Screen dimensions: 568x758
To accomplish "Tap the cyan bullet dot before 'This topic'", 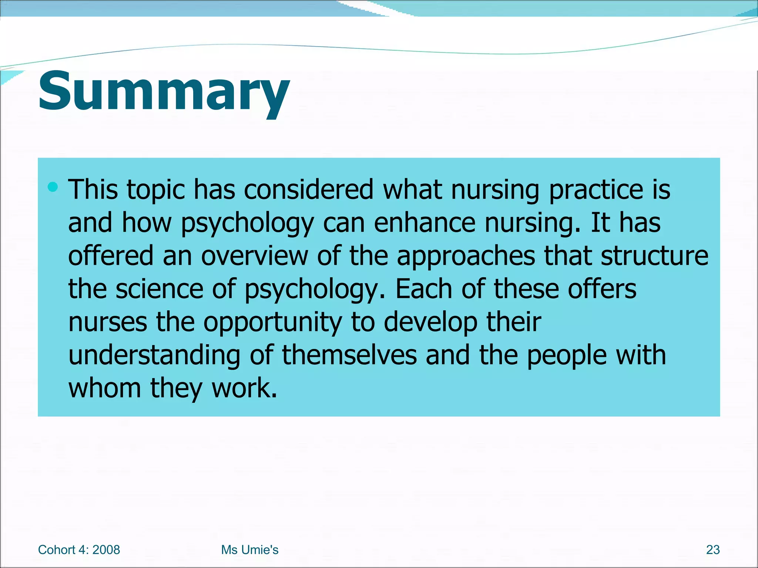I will [x=53, y=187].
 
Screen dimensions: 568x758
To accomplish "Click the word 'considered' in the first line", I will [x=308, y=190].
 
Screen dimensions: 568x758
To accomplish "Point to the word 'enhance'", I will [x=425, y=223].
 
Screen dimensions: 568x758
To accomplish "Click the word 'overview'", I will [x=254, y=256].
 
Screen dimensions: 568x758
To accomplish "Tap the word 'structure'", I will [x=654, y=256].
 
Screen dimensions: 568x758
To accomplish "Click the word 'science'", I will [x=160, y=289].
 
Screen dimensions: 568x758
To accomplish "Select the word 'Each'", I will [x=424, y=289].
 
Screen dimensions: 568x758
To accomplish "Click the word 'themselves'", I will [x=349, y=355].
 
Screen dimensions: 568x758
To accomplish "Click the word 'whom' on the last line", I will [x=105, y=388].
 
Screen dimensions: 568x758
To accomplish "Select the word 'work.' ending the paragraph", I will [x=244, y=388].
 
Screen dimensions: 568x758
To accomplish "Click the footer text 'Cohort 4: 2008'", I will [x=79, y=550].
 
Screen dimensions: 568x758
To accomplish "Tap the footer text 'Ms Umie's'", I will [x=249, y=550].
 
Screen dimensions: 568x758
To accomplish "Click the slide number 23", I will [x=712, y=550].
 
